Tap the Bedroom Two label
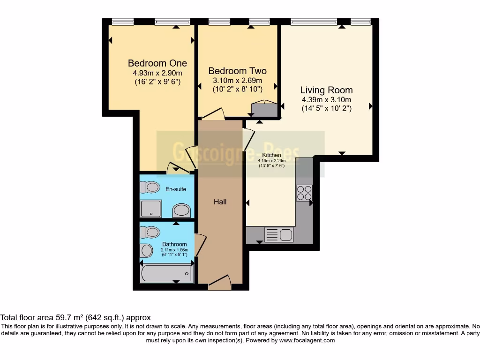pyautogui.click(x=237, y=71)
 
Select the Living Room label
pyautogui.click(x=326, y=90)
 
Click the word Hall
pyautogui.click(x=220, y=202)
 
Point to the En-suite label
pyautogui.click(x=176, y=189)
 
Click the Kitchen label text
pyautogui.click(x=271, y=155)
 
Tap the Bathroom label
pyautogui.click(x=174, y=244)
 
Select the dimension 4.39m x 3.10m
pyautogui.click(x=326, y=99)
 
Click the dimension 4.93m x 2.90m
pyautogui.click(x=157, y=73)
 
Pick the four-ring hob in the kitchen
pyautogui.click(x=303, y=193)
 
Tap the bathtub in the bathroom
pyautogui.click(x=166, y=273)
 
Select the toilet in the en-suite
pyautogui.click(x=150, y=187)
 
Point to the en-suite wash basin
pyautogui.click(x=181, y=210)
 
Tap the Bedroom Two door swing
pyautogui.click(x=213, y=113)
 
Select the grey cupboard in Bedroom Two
pyautogui.click(x=264, y=109)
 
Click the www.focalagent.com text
pyautogui.click(x=307, y=340)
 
